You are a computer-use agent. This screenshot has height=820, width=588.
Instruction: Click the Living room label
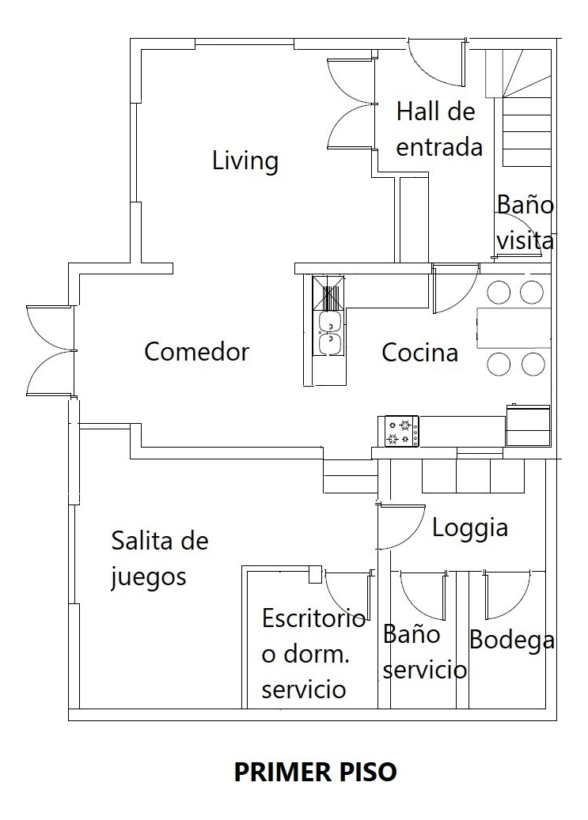pyautogui.click(x=245, y=161)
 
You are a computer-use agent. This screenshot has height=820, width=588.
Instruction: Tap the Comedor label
pyautogui.click(x=196, y=352)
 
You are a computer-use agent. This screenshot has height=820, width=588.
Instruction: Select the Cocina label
pyautogui.click(x=419, y=353)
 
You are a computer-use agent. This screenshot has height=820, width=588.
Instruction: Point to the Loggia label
pyautogui.click(x=469, y=528)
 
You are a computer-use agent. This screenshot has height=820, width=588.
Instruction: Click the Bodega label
pyautogui.click(x=511, y=640)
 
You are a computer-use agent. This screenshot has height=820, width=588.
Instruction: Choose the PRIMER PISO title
pyautogui.click(x=315, y=772)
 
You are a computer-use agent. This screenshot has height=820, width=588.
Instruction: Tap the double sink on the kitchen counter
pyautogui.click(x=329, y=332)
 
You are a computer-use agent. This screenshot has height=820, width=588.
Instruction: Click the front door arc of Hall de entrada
pyautogui.click(x=435, y=63)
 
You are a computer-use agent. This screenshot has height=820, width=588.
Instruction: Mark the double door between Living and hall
pyautogui.click(x=350, y=104)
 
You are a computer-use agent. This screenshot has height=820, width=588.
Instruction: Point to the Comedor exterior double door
pyautogui.click(x=51, y=350)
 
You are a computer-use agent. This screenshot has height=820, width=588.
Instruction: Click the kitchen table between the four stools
pyautogui.click(x=514, y=328)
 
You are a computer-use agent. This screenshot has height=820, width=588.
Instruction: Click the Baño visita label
pyautogui.click(x=525, y=221)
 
